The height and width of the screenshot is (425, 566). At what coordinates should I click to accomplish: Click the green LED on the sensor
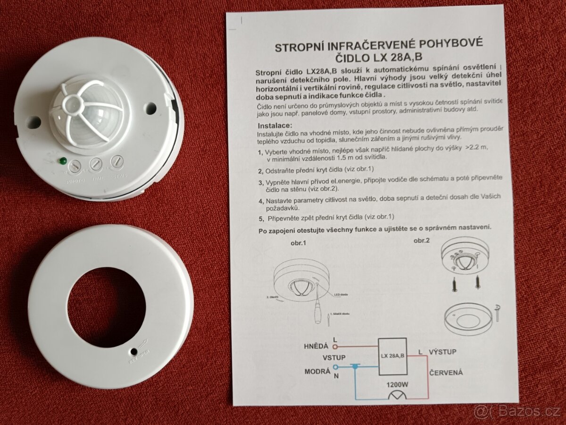click(62, 161)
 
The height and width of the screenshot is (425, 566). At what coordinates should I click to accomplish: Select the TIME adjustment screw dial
click(96, 164)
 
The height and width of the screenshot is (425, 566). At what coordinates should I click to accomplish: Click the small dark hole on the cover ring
click(134, 352)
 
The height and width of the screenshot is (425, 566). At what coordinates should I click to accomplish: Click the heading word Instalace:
click(275, 126)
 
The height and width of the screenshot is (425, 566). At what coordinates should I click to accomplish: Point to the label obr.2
click(422, 241)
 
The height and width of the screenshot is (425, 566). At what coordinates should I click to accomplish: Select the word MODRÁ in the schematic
click(317, 372)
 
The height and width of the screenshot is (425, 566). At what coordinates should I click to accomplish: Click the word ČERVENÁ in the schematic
click(446, 372)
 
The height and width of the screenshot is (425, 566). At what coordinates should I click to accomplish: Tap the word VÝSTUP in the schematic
click(442, 352)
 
